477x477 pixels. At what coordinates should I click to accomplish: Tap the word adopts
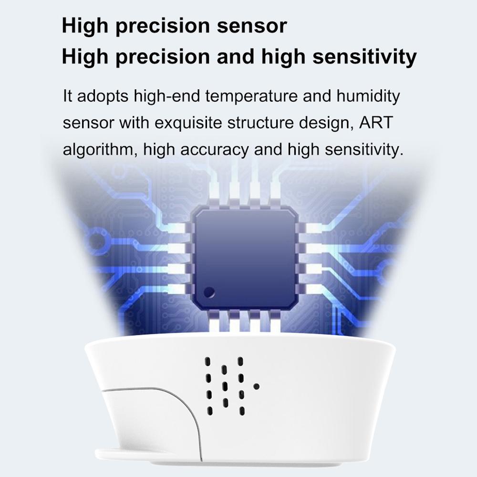point(101,96)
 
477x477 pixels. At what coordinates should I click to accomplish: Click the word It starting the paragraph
point(68,95)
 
